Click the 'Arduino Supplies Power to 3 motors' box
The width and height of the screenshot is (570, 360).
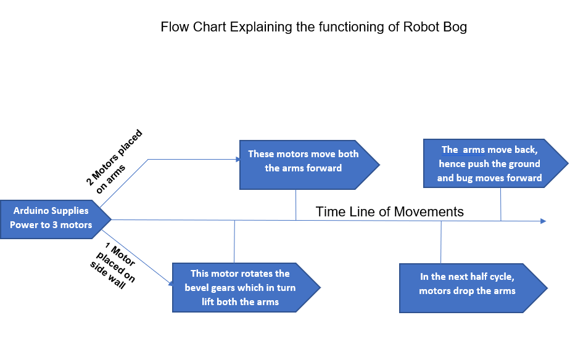[52, 218]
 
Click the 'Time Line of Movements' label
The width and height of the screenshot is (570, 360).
[389, 212]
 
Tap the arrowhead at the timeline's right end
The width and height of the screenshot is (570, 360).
[542, 221]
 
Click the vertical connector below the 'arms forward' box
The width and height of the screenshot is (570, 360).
[296, 205]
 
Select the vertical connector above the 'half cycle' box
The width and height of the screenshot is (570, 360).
[441, 242]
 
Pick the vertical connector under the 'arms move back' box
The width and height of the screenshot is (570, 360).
[500, 203]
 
